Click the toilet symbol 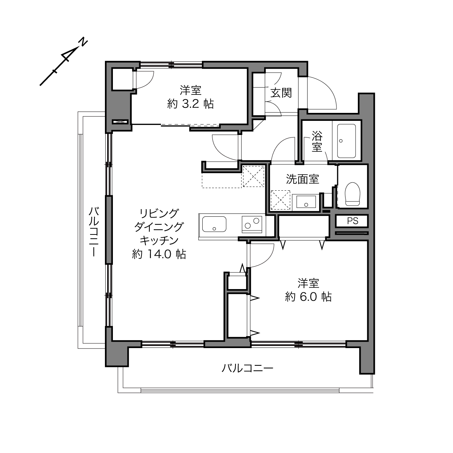352,194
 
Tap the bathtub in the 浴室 346,141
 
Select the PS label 353,221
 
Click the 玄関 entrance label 281,93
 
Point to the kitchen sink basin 214,224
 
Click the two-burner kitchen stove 252,224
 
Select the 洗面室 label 302,179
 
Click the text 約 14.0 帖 159,254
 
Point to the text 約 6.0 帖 308,297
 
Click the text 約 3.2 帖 191,104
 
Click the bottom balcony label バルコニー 247,368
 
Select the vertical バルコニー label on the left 94,232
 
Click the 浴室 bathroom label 317,141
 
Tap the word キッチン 159,241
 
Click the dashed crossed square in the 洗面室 280,200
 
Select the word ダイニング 159,227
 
